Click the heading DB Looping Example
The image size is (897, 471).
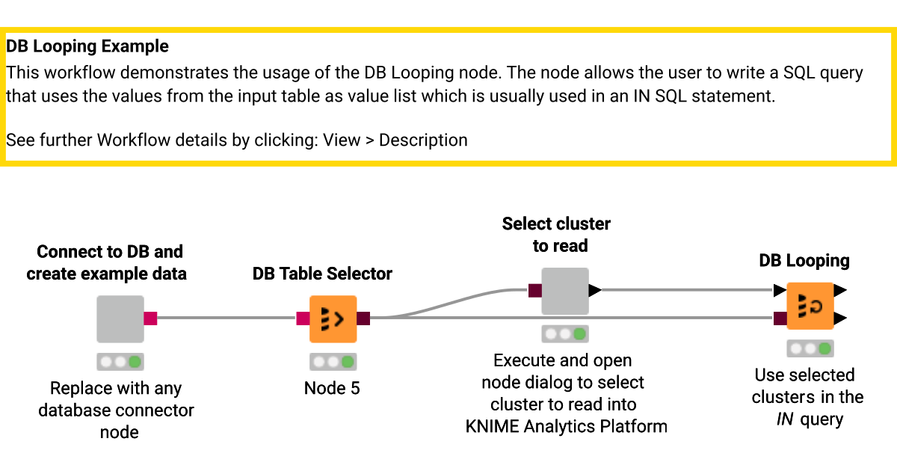(87, 46)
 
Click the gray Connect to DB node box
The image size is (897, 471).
(120, 319)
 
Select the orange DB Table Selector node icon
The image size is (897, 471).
(333, 319)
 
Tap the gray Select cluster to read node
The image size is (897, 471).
(565, 291)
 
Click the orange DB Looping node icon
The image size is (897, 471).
(810, 305)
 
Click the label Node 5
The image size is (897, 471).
(332, 389)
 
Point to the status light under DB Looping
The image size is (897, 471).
(810, 348)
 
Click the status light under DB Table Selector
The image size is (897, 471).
(333, 362)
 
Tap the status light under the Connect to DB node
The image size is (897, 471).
(120, 362)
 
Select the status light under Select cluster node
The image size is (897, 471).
(565, 333)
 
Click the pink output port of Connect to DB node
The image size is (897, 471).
(150, 319)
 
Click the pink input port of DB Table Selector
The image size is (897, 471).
(303, 319)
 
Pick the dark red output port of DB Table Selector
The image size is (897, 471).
(363, 319)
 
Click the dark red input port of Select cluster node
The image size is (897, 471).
(534, 291)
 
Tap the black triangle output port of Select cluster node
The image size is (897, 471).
(595, 291)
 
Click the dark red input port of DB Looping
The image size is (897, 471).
(780, 319)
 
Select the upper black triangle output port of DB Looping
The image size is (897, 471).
(840, 290)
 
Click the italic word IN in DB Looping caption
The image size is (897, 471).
(784, 419)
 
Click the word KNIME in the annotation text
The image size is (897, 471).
(492, 427)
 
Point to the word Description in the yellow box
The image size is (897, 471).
(423, 140)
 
